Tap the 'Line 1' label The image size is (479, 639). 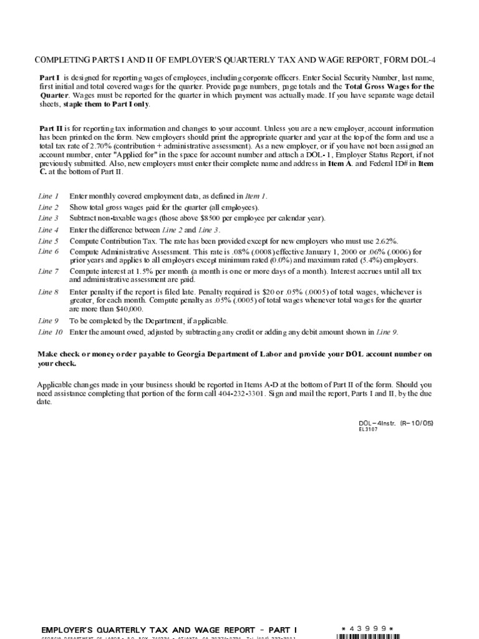pyautogui.click(x=49, y=196)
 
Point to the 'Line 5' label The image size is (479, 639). pyautogui.click(x=49, y=241)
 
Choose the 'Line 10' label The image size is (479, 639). pyautogui.click(x=51, y=332)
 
